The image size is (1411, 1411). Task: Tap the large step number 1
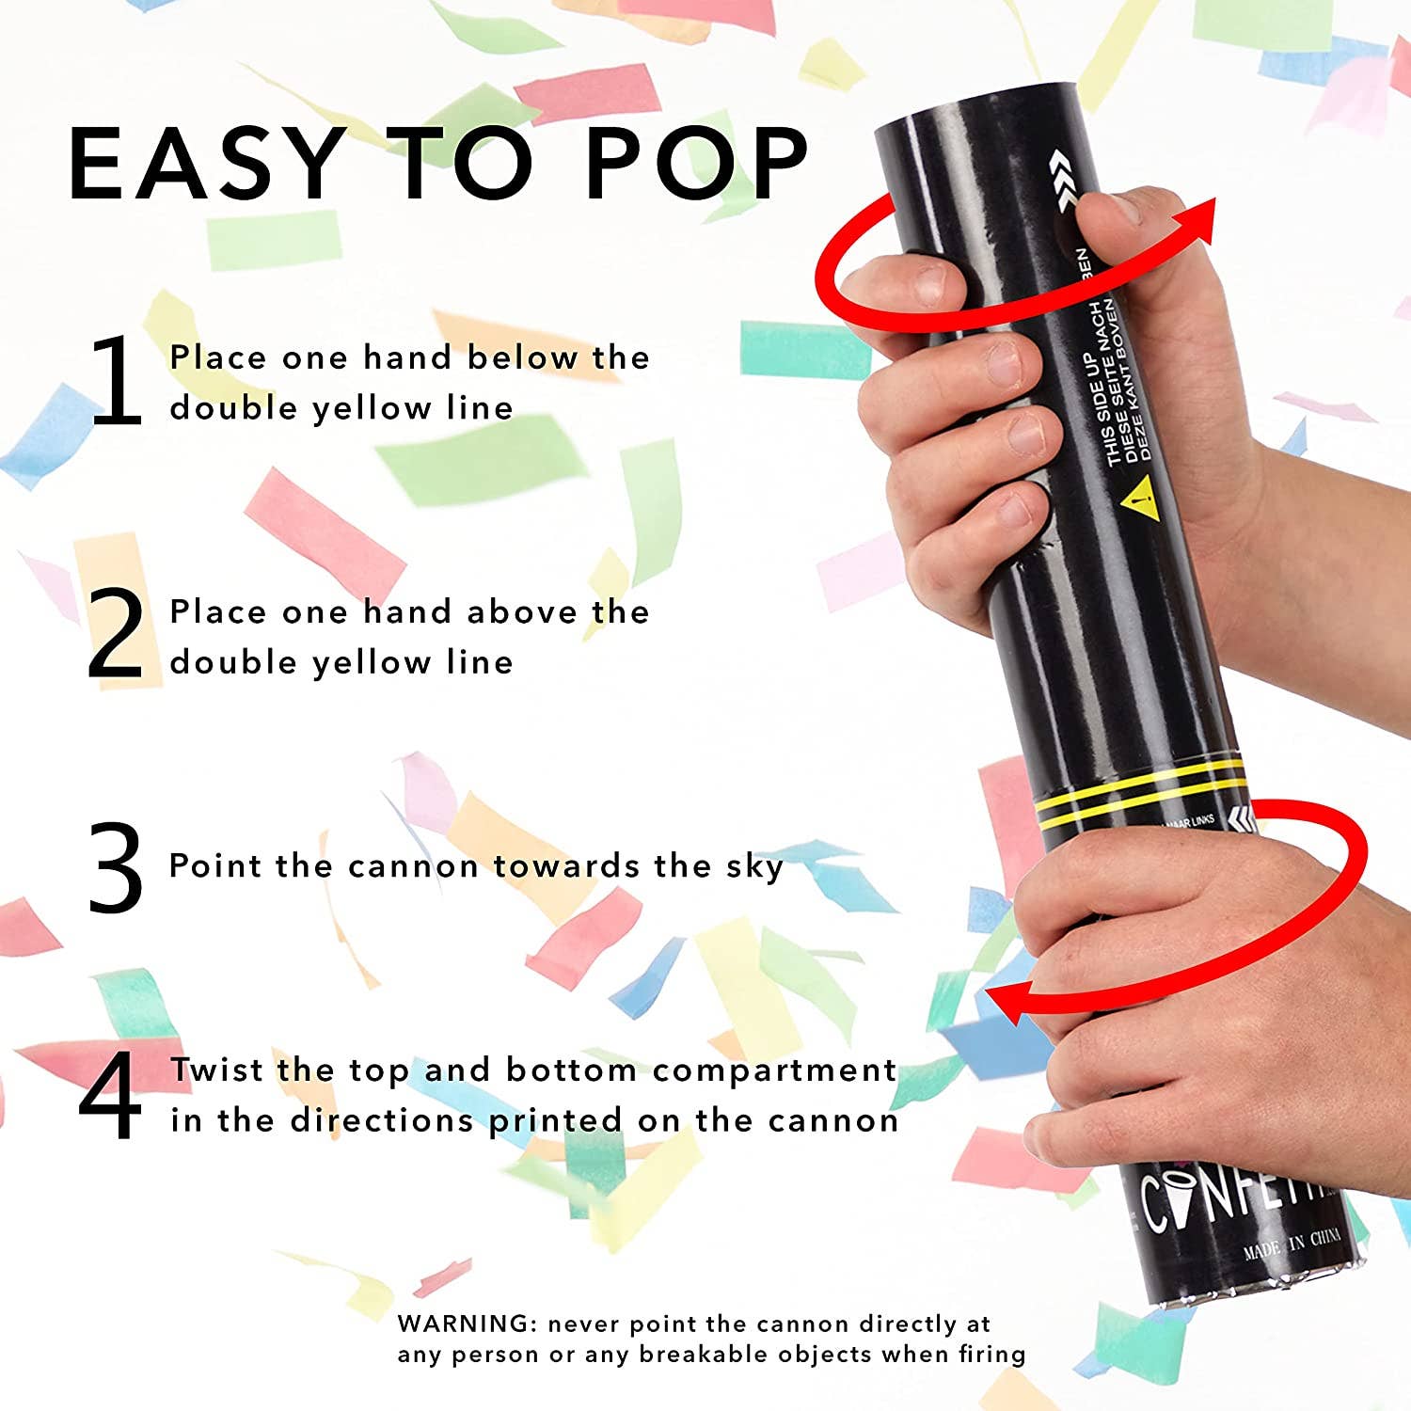pyautogui.click(x=116, y=380)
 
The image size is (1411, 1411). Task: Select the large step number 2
pyautogui.click(x=116, y=634)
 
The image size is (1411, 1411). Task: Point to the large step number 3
pyautogui.click(x=116, y=867)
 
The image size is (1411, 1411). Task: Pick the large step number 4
pyautogui.click(x=111, y=1096)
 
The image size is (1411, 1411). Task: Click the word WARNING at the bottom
pyautogui.click(x=465, y=1324)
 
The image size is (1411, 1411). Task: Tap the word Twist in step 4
pyautogui.click(x=216, y=1070)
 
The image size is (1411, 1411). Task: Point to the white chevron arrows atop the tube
pyautogui.click(x=1060, y=179)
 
